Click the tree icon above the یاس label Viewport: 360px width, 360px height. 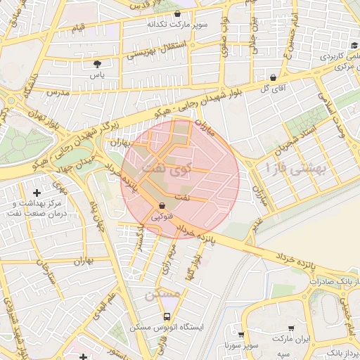(97, 64)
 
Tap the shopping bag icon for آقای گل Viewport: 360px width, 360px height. (273, 77)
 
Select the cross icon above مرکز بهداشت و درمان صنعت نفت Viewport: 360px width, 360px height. (37, 192)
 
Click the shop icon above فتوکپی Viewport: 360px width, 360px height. (163, 205)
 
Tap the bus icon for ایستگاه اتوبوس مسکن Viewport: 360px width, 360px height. (167, 316)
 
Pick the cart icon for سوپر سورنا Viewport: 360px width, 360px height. (241, 335)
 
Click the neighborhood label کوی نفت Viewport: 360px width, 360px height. (166, 169)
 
